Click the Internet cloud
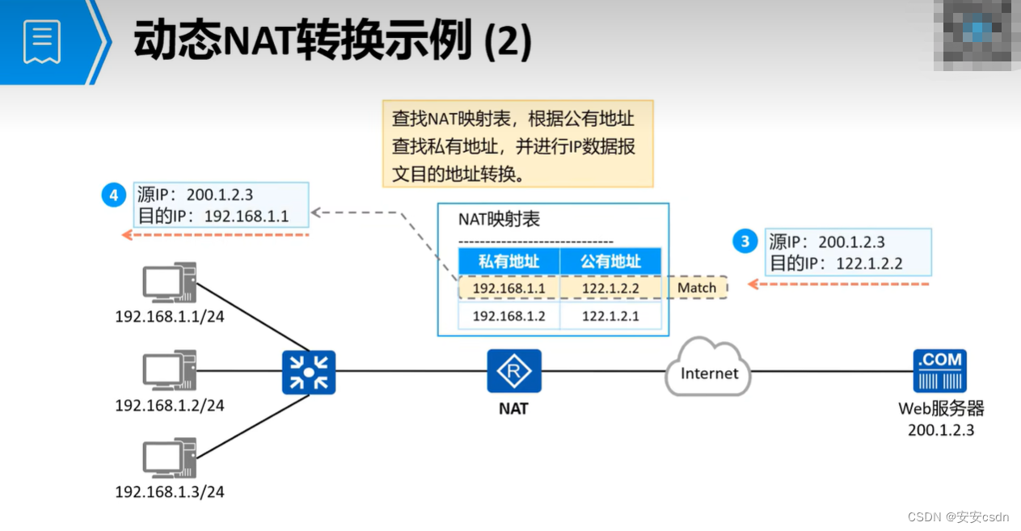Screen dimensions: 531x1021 click(707, 370)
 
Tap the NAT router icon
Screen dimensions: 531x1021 click(513, 371)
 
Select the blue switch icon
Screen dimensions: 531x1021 click(308, 373)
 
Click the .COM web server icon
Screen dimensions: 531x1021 click(940, 371)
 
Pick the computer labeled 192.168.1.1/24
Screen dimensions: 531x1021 click(169, 283)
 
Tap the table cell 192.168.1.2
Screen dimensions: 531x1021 click(508, 316)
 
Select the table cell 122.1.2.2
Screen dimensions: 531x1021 click(610, 288)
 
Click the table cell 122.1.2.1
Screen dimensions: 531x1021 click(610, 316)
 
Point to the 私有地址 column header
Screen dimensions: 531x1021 click(508, 261)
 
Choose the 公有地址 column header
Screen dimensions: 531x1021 click(610, 261)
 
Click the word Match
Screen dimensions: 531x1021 click(697, 288)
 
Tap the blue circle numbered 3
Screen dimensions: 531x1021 click(745, 242)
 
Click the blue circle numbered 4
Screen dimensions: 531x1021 click(114, 196)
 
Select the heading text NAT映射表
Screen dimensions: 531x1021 click(499, 219)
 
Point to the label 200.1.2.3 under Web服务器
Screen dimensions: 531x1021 click(940, 430)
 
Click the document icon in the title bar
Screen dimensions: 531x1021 click(42, 41)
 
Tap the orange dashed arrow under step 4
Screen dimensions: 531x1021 click(216, 234)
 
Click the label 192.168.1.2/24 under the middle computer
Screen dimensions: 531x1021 click(169, 405)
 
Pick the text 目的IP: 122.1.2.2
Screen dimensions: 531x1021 click(836, 263)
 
